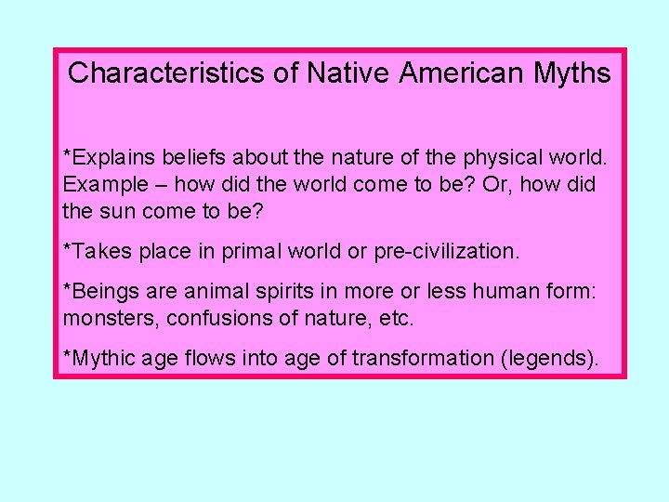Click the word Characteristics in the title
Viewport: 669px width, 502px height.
pos(168,73)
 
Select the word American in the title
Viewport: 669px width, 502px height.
pos(449,73)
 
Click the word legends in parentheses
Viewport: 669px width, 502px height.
pos(550,358)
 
